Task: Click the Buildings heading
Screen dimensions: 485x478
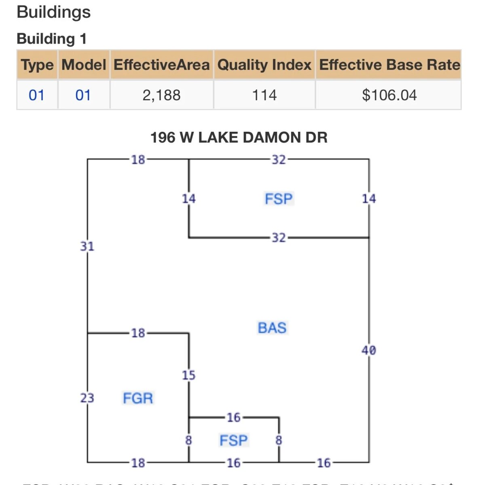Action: point(53,12)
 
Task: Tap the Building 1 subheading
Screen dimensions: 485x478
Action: point(51,39)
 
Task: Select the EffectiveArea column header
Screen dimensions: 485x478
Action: point(161,65)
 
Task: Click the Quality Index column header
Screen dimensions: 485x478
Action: point(264,65)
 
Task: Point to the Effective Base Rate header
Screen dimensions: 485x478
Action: point(389,65)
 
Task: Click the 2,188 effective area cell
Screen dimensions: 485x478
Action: point(161,95)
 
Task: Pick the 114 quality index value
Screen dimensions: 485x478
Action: point(264,95)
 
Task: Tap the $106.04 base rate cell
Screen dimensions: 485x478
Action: point(389,95)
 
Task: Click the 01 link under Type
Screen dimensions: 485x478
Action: point(36,95)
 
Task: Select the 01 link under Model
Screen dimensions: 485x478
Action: point(83,95)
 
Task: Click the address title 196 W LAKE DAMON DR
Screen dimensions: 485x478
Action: point(239,137)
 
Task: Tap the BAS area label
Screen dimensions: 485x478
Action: point(272,328)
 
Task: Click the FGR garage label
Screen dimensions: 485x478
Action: point(138,399)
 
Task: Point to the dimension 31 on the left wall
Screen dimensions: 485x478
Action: point(87,246)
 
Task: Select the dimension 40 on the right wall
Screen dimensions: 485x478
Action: point(369,350)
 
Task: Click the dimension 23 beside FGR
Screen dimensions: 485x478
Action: point(87,399)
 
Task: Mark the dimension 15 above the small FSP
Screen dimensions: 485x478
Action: point(188,375)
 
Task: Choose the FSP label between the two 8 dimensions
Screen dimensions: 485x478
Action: point(233,440)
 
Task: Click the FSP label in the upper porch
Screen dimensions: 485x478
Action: point(279,199)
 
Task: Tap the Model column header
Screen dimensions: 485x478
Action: point(84,65)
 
